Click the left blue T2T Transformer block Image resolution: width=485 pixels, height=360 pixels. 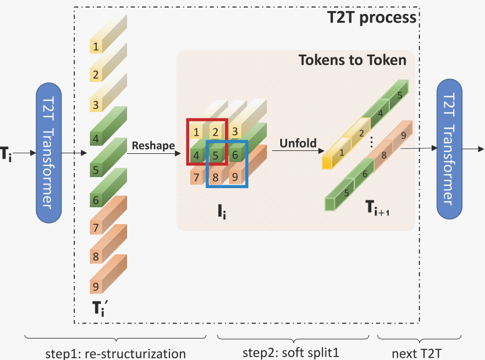(x=53, y=152)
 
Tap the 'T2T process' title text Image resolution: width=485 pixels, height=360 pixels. (x=371, y=17)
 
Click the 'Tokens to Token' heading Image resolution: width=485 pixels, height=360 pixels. (x=352, y=60)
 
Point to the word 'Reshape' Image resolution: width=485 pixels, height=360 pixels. (x=153, y=145)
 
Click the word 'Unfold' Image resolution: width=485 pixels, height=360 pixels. (x=297, y=143)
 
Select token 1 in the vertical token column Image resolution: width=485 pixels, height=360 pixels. (x=96, y=45)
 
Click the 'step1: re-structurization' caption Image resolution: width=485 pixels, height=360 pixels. (x=116, y=353)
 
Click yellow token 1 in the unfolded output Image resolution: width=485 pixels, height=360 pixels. (x=342, y=153)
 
